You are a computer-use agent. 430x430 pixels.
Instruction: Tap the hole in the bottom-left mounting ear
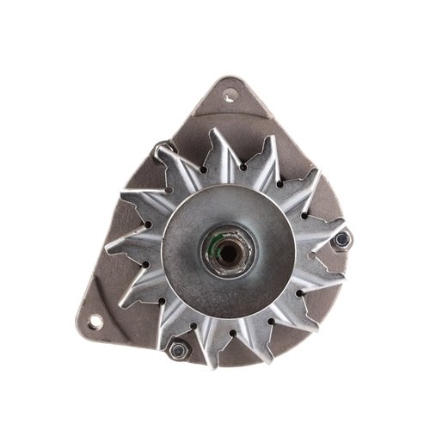coord(94,321)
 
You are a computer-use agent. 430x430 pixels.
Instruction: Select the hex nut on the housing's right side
coord(342,240)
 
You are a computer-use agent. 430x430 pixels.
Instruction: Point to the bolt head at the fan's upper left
coord(163,155)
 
